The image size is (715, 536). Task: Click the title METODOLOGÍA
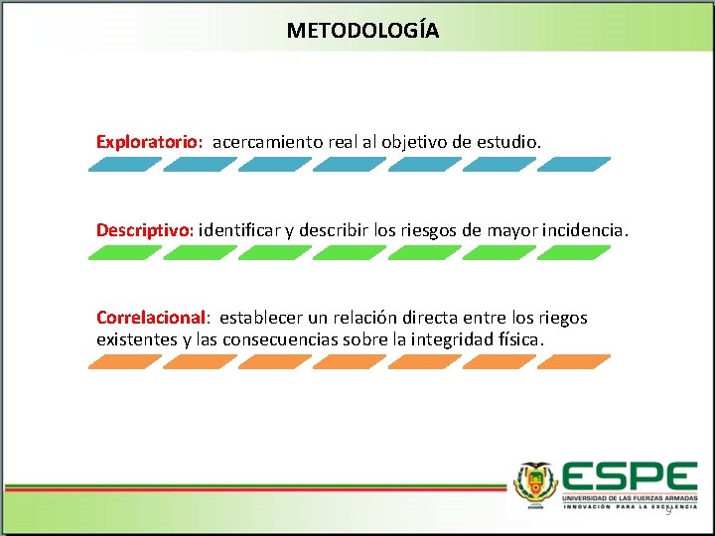362,30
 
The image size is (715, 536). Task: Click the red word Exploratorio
149,142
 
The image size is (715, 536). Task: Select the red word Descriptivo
145,230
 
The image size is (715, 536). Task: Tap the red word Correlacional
151,318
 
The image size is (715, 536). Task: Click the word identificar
240,230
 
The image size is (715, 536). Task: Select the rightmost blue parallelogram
574,165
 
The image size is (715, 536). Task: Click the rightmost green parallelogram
574,253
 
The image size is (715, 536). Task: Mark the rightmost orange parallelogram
574,362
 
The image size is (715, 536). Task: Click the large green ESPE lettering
629,475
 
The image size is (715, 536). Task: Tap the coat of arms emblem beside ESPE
535,483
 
